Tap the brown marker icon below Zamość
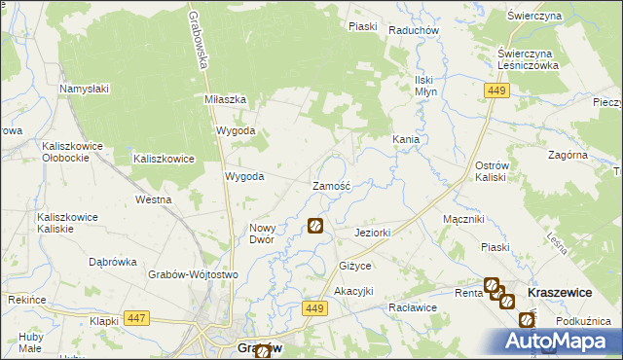[315, 227]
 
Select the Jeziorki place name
[373, 234]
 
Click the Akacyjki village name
[353, 292]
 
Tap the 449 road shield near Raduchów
[496, 90]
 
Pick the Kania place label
[406, 140]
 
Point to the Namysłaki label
[86, 90]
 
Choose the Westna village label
[154, 199]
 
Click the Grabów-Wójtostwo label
[194, 275]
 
